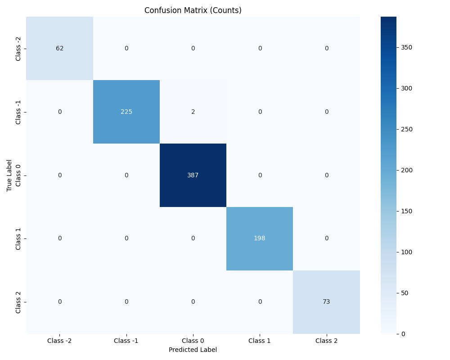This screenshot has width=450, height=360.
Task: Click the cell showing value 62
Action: (59, 49)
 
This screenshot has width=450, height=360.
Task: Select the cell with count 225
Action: (126, 112)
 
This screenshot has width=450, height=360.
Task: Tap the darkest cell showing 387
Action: (193, 175)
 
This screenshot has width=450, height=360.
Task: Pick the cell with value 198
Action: (260, 238)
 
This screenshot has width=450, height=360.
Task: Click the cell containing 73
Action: (326, 302)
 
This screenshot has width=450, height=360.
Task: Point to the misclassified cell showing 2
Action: (193, 112)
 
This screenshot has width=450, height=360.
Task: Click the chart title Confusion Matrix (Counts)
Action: (193, 10)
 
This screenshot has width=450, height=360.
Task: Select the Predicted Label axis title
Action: (193, 350)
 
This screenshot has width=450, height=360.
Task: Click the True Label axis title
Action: (9, 175)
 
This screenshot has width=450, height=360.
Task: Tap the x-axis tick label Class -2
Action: (59, 341)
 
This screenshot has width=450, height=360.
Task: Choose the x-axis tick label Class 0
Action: (193, 341)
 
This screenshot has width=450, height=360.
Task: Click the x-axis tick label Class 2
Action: (326, 341)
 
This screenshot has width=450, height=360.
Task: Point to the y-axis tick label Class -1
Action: (18, 112)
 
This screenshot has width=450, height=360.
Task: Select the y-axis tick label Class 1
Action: (18, 238)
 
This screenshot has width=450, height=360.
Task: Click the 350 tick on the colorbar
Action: (406, 47)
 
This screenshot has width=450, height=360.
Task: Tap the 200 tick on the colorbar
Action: (406, 170)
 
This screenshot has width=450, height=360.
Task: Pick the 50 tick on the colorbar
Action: (405, 293)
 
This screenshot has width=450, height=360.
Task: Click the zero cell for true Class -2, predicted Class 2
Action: (326, 49)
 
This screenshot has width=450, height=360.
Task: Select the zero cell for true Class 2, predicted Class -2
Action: (59, 302)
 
